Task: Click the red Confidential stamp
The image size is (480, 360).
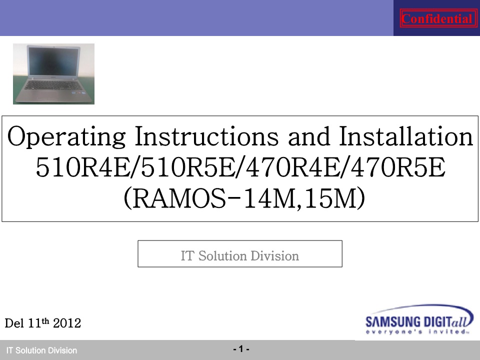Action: tap(438, 18)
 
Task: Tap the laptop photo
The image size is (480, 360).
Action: tap(53, 74)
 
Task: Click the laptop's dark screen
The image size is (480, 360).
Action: tap(53, 60)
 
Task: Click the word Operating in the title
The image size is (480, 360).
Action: tap(66, 136)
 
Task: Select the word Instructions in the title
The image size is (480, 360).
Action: tap(206, 136)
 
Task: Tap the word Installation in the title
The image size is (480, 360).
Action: tap(406, 136)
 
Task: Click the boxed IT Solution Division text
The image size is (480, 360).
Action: tap(239, 255)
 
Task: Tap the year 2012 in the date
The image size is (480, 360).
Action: tap(66, 323)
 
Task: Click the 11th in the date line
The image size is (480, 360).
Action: tap(38, 322)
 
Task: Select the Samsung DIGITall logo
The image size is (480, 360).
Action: tap(419, 319)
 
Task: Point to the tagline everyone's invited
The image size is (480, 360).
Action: tap(417, 331)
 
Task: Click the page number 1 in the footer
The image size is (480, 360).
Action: tap(241, 349)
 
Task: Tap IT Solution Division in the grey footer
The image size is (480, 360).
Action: tap(41, 350)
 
